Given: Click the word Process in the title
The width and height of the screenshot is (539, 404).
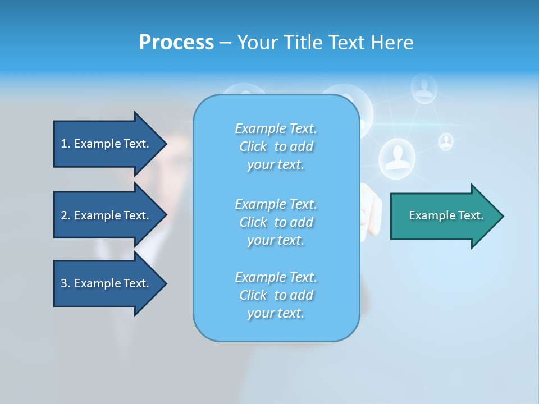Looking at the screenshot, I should pyautogui.click(x=176, y=43).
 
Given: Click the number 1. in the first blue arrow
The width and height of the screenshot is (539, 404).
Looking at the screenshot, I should pyautogui.click(x=66, y=144).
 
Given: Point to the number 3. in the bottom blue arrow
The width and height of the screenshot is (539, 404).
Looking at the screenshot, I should pyautogui.click(x=66, y=283).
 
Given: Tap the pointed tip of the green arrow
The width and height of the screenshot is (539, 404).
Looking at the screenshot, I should pyautogui.click(x=503, y=216).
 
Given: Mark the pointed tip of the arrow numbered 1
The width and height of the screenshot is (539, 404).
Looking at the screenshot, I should pyautogui.click(x=166, y=144).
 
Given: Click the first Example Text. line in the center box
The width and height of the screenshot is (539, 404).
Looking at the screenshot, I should pyautogui.click(x=276, y=129).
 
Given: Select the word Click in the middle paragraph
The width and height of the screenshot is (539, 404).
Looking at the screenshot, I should pyautogui.click(x=253, y=222).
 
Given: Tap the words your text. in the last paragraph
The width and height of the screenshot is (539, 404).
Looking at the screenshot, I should pyautogui.click(x=276, y=313).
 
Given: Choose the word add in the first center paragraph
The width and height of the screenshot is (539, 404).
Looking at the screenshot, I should pyautogui.click(x=302, y=146).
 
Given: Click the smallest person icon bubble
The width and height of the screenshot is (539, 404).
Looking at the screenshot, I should pyautogui.click(x=446, y=141).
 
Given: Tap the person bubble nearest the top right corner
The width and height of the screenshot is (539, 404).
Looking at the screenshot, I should pyautogui.click(x=424, y=88).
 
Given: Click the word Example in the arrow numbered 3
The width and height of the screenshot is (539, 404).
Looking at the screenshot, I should pyautogui.click(x=98, y=283).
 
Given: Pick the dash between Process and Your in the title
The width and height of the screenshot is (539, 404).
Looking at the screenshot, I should pyautogui.click(x=225, y=43).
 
